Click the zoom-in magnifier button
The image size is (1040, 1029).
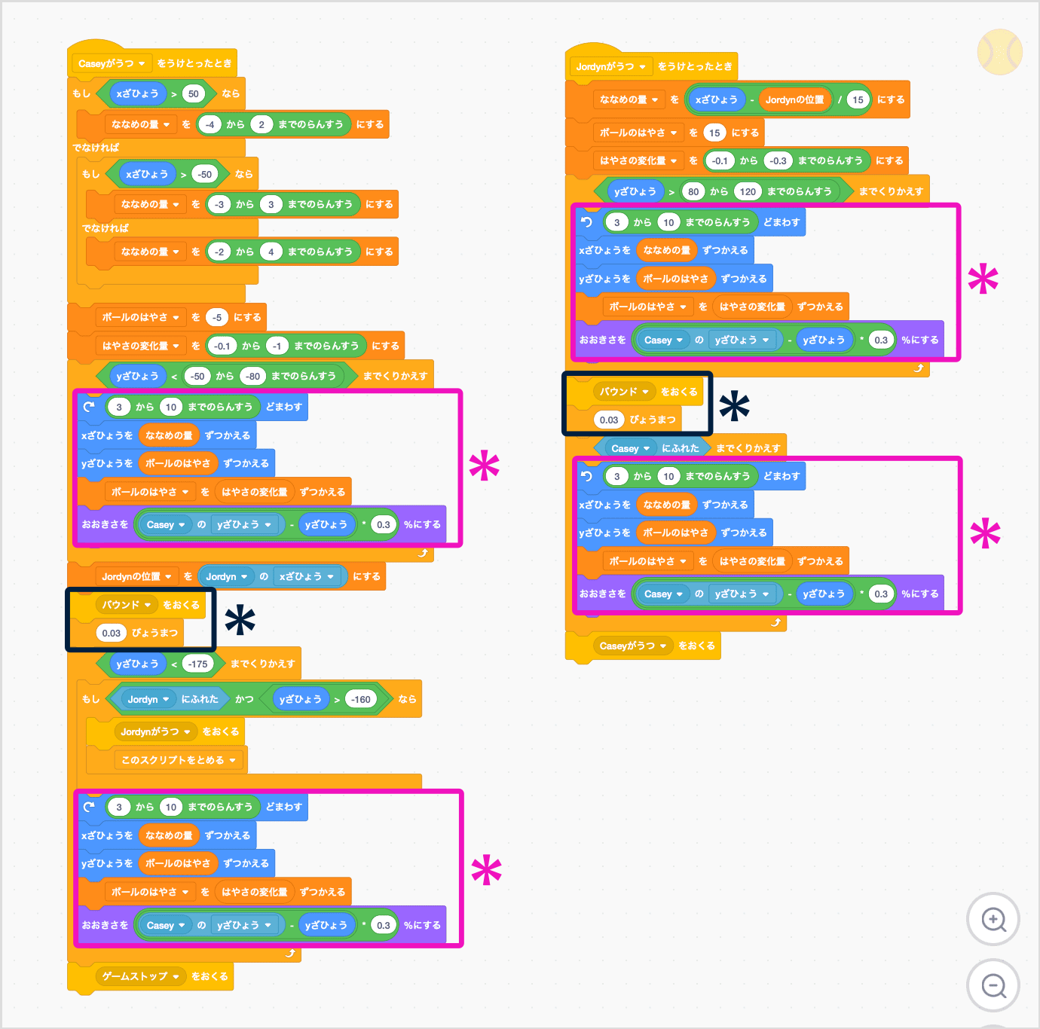(993, 919)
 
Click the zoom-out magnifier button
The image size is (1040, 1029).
(993, 985)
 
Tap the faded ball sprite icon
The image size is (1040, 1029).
(999, 52)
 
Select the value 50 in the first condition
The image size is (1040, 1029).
(194, 94)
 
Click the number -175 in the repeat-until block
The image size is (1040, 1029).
(198, 664)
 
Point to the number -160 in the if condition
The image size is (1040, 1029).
(361, 699)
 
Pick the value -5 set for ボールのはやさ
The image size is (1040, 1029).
(217, 317)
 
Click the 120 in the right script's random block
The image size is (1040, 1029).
(748, 191)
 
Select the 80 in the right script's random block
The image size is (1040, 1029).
(693, 191)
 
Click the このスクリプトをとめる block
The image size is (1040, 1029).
(179, 760)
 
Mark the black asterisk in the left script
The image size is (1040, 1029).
(240, 620)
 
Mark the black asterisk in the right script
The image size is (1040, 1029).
(734, 407)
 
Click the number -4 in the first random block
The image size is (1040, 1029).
(210, 124)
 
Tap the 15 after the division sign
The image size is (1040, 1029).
(858, 99)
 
